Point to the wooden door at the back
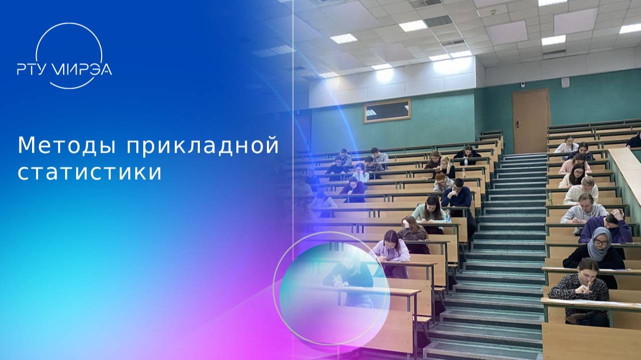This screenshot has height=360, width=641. [530, 120]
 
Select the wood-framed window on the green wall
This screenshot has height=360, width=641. [387, 110]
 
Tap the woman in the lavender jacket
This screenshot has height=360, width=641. [391, 248]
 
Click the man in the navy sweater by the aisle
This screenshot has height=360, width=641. [457, 195]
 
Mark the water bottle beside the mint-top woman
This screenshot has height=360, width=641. [448, 216]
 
